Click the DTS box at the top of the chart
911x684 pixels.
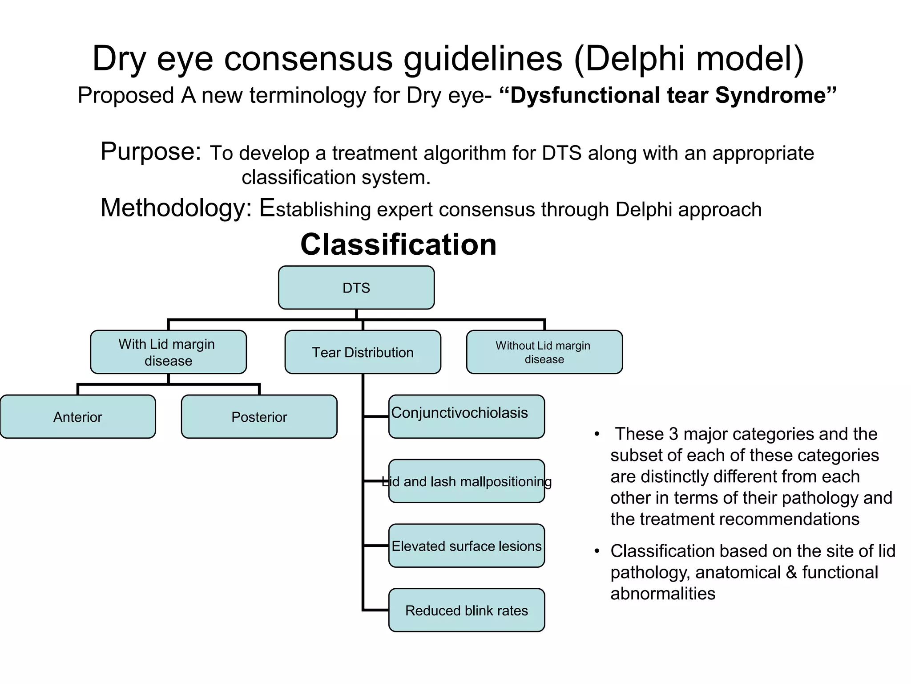(356, 288)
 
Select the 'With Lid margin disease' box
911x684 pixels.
(168, 352)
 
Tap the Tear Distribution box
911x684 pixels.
(363, 352)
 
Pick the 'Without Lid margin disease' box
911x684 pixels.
(544, 352)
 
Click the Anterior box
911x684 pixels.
(78, 417)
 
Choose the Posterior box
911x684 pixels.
(259, 417)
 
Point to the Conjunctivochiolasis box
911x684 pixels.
(466, 416)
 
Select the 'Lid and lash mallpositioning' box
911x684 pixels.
(466, 481)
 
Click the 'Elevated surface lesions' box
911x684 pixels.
(466, 546)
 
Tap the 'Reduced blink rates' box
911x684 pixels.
(466, 611)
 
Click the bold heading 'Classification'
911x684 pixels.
(398, 244)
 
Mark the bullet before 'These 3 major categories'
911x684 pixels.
(597, 434)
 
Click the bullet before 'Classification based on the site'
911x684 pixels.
(597, 552)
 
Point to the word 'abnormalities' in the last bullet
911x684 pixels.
(663, 594)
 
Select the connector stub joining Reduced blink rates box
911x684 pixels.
(376, 610)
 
